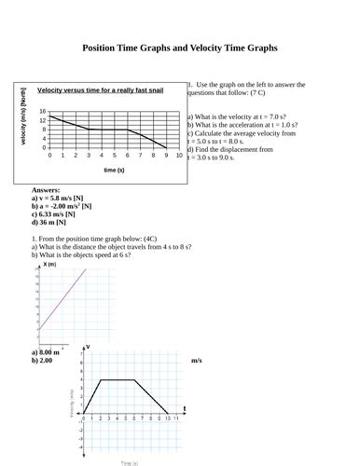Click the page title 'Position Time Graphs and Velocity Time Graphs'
[x=180, y=47]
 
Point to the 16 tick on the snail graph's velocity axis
[x=43, y=111]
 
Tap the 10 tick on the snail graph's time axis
[x=179, y=155]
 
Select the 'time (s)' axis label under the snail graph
[x=114, y=171]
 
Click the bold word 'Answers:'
[x=46, y=190]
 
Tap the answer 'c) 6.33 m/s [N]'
[x=56, y=215]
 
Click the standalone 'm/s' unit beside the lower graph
[x=197, y=361]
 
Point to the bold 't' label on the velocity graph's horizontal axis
[x=184, y=409]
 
